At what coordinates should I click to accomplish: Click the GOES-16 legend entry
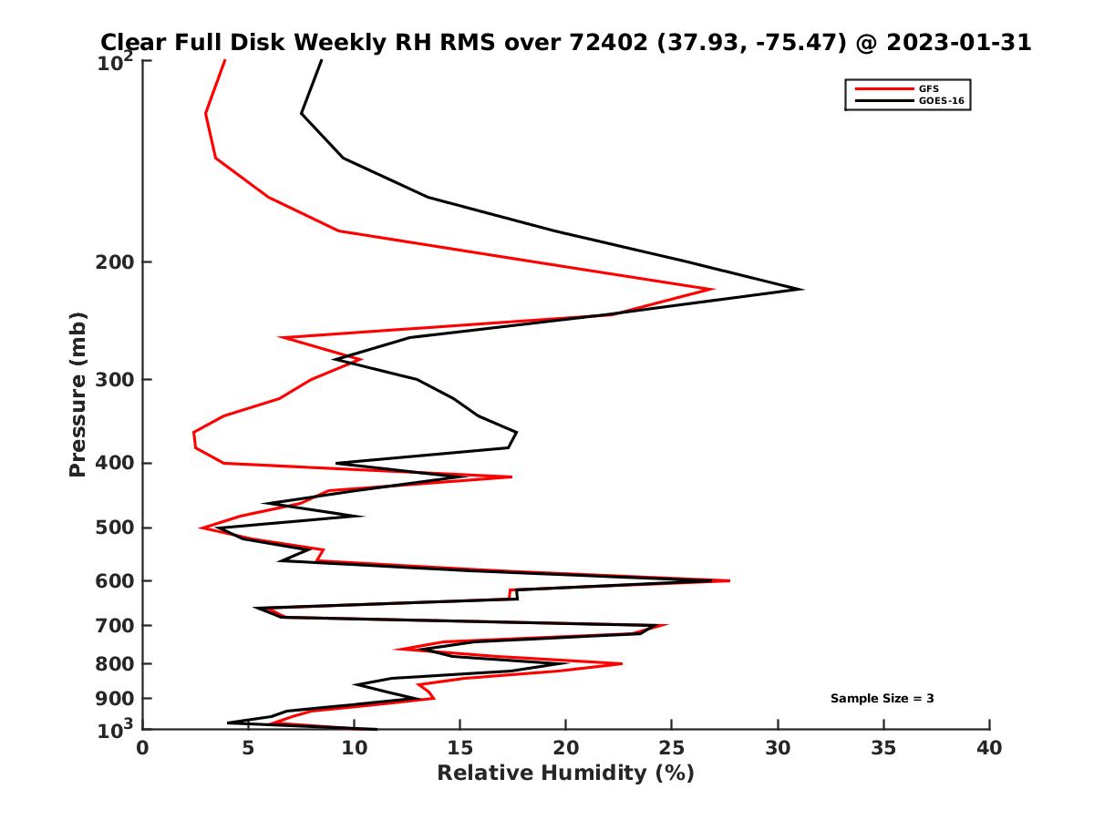pyautogui.click(x=941, y=101)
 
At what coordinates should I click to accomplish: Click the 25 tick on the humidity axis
pyautogui.click(x=672, y=748)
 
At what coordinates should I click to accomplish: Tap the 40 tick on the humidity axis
pyautogui.click(x=989, y=748)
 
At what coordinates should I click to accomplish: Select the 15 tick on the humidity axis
pyautogui.click(x=460, y=748)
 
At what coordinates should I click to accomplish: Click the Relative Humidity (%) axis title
pyautogui.click(x=565, y=774)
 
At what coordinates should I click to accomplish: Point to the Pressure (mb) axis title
pyautogui.click(x=78, y=394)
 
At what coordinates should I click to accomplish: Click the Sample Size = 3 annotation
pyautogui.click(x=882, y=699)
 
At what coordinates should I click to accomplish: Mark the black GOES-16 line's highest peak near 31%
pyautogui.click(x=801, y=289)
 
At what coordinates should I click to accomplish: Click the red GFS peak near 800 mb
pyautogui.click(x=621, y=663)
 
